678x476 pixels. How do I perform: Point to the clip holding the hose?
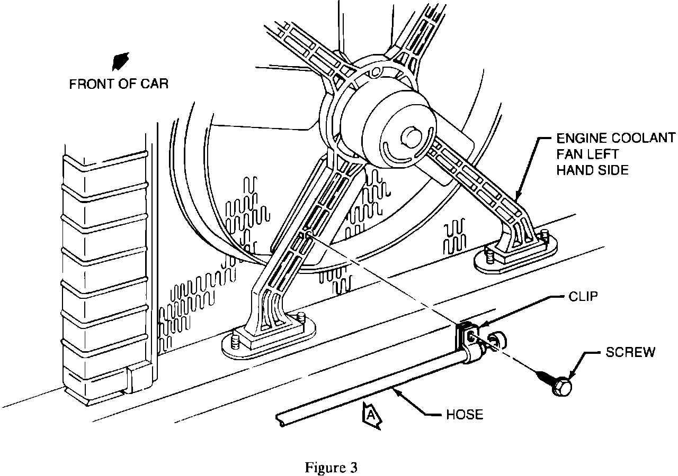(x=468, y=341)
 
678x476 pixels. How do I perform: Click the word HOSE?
(x=463, y=414)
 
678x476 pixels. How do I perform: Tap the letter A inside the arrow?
(x=372, y=416)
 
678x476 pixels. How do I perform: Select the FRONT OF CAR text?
(x=118, y=84)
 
